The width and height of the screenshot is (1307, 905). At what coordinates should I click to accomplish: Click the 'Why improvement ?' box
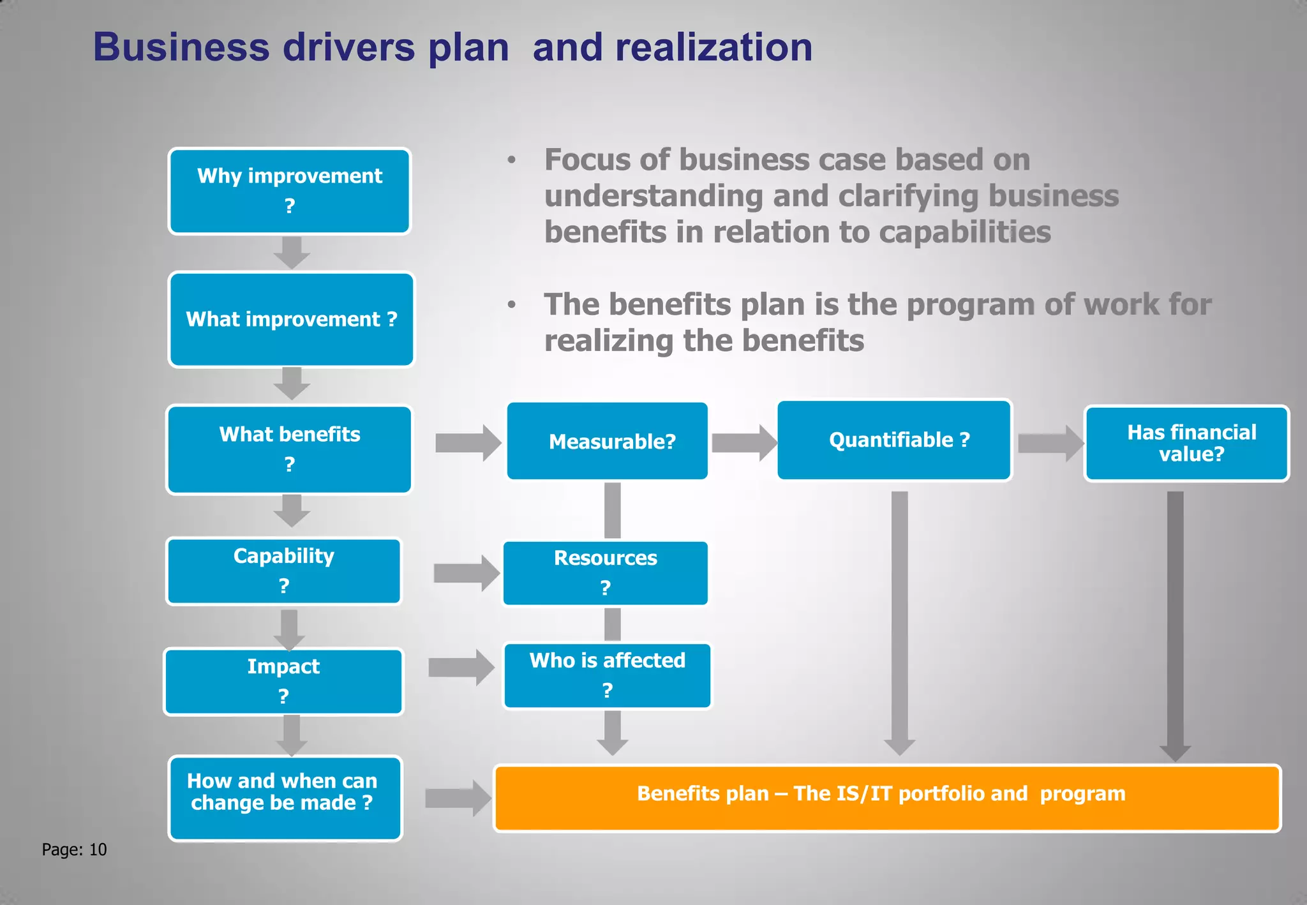[x=290, y=191]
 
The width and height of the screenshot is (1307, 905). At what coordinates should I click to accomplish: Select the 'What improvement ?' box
[x=292, y=319]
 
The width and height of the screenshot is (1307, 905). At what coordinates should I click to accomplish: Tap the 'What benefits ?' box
[x=290, y=449]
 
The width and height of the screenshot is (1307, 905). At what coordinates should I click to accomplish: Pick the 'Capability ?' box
[x=284, y=571]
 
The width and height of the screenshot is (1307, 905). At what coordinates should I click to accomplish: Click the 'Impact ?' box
[x=284, y=681]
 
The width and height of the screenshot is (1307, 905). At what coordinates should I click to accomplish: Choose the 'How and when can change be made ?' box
[x=285, y=798]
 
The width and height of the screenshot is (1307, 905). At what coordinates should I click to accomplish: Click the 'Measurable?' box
[x=608, y=440]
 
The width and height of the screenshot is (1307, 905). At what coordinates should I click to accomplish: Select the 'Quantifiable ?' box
[x=894, y=440]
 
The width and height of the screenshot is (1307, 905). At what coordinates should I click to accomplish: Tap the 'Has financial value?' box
[x=1186, y=443]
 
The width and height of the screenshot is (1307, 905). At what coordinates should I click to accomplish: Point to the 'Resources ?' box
[x=606, y=572]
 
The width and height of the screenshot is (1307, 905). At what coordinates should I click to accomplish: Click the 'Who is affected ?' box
[x=608, y=675]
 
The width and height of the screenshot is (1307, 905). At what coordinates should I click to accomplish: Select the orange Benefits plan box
[x=887, y=798]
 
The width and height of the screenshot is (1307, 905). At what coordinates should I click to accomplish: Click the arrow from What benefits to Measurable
[x=468, y=442]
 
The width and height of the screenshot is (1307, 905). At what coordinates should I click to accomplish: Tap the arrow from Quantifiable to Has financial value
[x=1050, y=443]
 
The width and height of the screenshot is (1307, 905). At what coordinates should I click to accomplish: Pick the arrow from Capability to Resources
[x=467, y=572]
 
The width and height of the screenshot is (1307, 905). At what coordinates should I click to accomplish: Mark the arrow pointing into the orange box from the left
[x=458, y=798]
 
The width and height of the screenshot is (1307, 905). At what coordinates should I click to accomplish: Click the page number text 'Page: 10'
[x=74, y=849]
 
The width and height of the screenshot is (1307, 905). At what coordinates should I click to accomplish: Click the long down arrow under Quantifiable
[x=900, y=619]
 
